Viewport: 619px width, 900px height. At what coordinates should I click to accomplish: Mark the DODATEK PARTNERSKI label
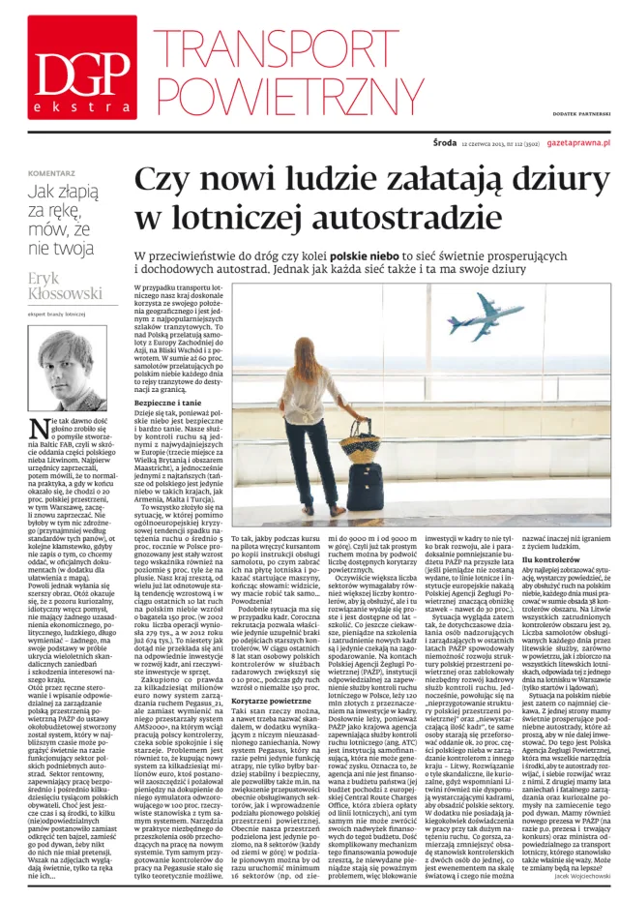click(575, 114)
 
